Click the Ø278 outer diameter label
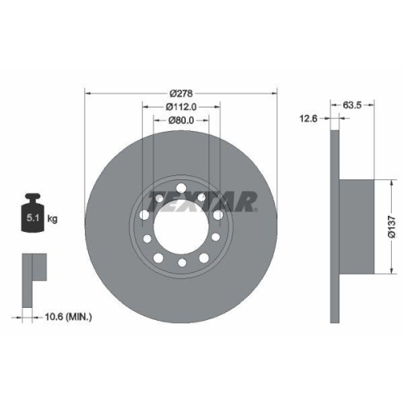coord(182,91)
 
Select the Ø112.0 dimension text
coord(182,107)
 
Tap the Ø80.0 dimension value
coord(182,122)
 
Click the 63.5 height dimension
coord(351,104)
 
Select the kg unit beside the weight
coord(53,218)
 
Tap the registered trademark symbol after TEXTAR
coord(257,208)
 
